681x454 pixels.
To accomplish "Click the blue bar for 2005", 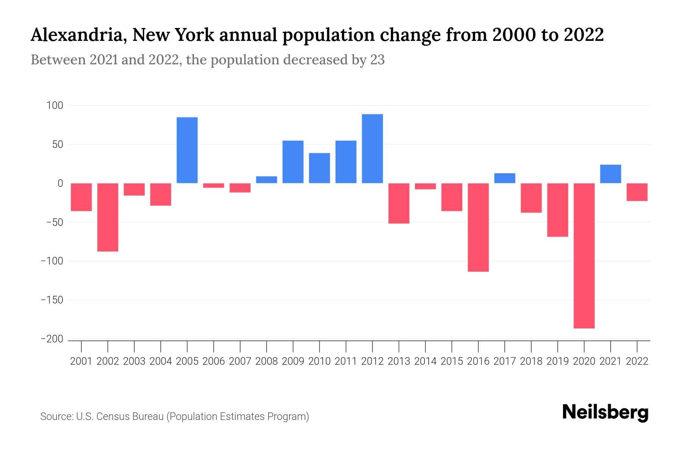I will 187,150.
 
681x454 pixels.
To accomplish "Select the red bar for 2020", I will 584,256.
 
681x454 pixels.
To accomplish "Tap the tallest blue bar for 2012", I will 372,149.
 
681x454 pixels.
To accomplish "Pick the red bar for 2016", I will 478,227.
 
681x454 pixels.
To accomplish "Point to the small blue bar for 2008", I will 267,180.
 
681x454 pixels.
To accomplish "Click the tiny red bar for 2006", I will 214,185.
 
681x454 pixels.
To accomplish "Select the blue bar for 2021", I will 611,174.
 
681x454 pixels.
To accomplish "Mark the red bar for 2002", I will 108,217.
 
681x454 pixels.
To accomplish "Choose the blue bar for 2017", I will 505,178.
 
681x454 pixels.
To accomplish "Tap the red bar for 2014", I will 425,186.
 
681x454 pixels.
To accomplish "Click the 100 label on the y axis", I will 54,106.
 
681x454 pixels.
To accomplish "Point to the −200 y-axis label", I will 52,339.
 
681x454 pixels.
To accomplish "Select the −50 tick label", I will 54,222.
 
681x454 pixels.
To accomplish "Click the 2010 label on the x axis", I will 319,361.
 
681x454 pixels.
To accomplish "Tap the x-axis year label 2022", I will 637,361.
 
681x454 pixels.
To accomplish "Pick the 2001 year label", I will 81,361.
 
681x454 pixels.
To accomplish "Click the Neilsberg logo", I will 605,412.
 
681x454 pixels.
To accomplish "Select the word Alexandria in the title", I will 78,35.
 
